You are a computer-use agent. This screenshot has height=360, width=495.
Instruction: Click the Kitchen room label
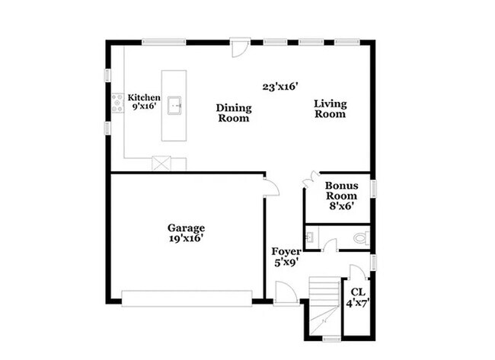click(x=144, y=97)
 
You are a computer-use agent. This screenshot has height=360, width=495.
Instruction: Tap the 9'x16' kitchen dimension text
click(x=144, y=108)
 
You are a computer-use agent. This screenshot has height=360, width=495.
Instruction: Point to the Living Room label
click(x=331, y=109)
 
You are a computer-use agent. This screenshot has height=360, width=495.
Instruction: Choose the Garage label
click(x=187, y=227)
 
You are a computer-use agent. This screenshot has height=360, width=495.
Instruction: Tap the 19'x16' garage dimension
click(x=187, y=238)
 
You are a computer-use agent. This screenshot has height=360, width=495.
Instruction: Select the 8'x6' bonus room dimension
click(x=340, y=205)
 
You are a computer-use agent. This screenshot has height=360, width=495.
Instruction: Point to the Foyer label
click(x=286, y=251)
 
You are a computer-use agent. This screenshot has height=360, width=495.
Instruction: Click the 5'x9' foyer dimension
click(x=286, y=263)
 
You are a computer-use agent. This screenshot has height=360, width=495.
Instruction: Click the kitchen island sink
click(x=175, y=105)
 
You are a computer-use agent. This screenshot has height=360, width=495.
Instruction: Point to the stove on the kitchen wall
click(x=117, y=104)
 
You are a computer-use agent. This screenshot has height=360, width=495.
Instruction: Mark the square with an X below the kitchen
click(x=162, y=164)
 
